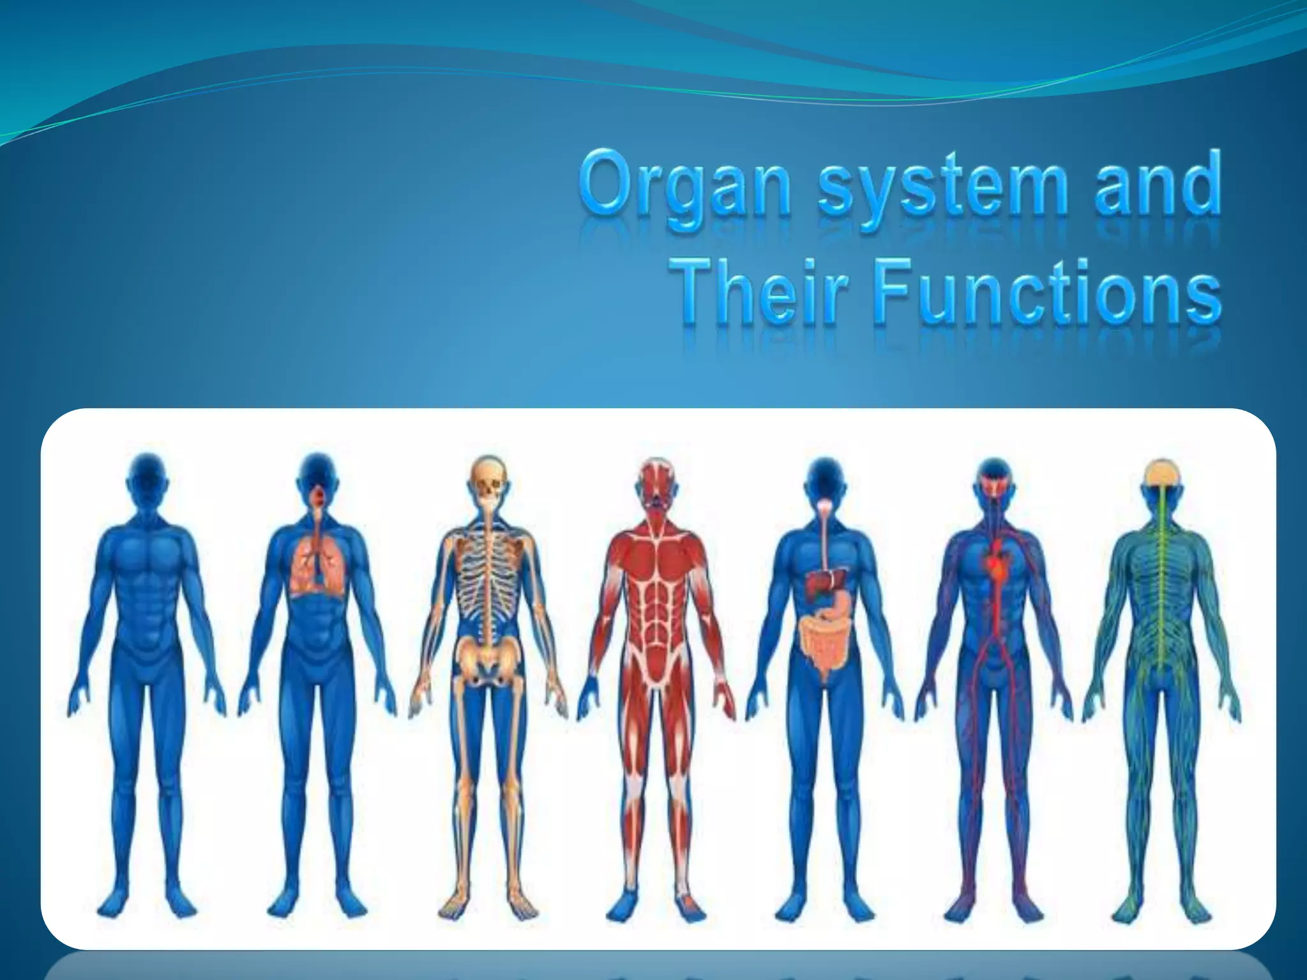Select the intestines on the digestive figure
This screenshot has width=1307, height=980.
[824, 651]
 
